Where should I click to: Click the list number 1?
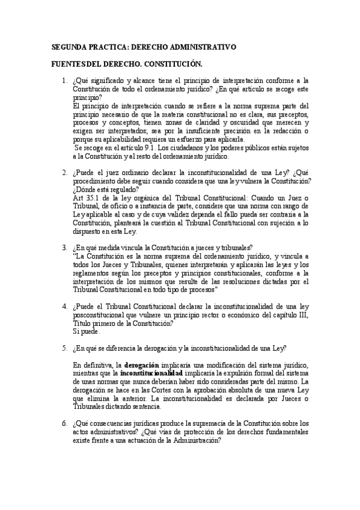pyautogui.click(x=64, y=80)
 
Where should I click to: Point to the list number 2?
pyautogui.click(x=64, y=173)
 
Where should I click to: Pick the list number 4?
pyautogui.click(x=64, y=307)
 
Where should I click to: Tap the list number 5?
pyautogui.click(x=64, y=348)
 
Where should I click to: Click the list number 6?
pyautogui.click(x=64, y=423)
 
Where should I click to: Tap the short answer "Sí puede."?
pyautogui.click(x=87, y=331)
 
